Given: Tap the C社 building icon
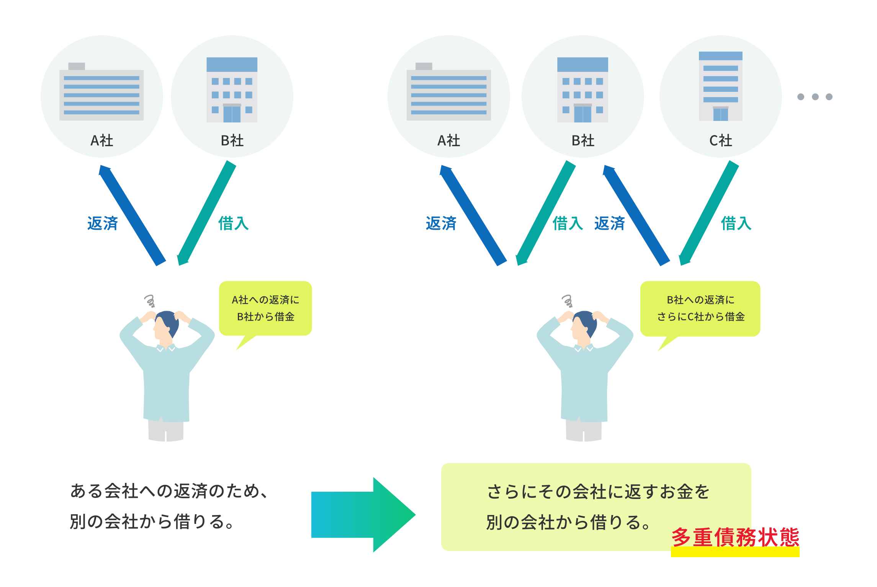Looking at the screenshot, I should pyautogui.click(x=720, y=86).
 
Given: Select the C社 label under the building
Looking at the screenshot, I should pyautogui.click(x=720, y=141).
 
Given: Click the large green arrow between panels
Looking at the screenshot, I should pyautogui.click(x=364, y=514).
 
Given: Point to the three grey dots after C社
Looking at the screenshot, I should pyautogui.click(x=815, y=97).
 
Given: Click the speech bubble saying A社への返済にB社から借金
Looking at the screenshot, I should pyautogui.click(x=265, y=308).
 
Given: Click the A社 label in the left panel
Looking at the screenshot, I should pyautogui.click(x=102, y=141).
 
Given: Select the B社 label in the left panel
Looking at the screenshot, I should pyautogui.click(x=232, y=141).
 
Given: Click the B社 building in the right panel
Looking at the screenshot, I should pyautogui.click(x=582, y=90).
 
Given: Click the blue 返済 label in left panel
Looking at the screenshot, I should pyautogui.click(x=102, y=223).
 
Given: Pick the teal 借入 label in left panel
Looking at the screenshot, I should pyautogui.click(x=233, y=223).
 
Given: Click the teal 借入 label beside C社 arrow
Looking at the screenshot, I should pyautogui.click(x=736, y=223).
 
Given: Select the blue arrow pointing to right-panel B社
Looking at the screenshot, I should pyautogui.click(x=636, y=215).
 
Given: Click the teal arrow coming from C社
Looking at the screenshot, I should pyautogui.click(x=708, y=214).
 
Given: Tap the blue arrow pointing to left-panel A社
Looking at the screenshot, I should pyautogui.click(x=132, y=215).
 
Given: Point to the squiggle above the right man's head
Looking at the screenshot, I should pyautogui.click(x=567, y=300).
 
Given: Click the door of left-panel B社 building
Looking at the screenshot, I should pyautogui.click(x=232, y=114).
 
